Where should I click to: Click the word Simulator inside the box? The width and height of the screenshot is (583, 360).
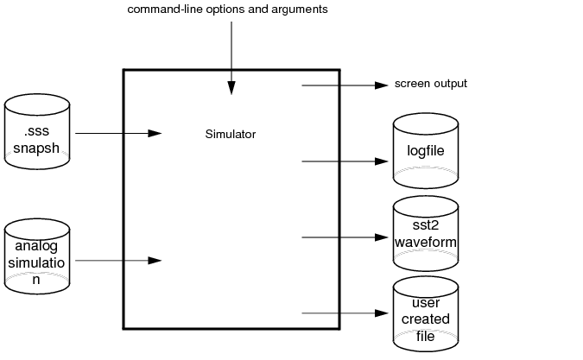[231, 134]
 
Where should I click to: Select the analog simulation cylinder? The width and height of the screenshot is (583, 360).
[37, 256]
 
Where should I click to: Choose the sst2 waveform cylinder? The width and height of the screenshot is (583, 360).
[424, 233]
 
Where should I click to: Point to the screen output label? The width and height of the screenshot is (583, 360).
[430, 84]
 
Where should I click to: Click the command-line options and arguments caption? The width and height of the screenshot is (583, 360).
[227, 9]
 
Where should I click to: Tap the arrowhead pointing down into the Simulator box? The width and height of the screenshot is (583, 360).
[231, 87]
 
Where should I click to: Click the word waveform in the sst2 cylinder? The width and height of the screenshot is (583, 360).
[424, 242]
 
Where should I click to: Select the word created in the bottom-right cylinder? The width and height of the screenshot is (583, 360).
[425, 319]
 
